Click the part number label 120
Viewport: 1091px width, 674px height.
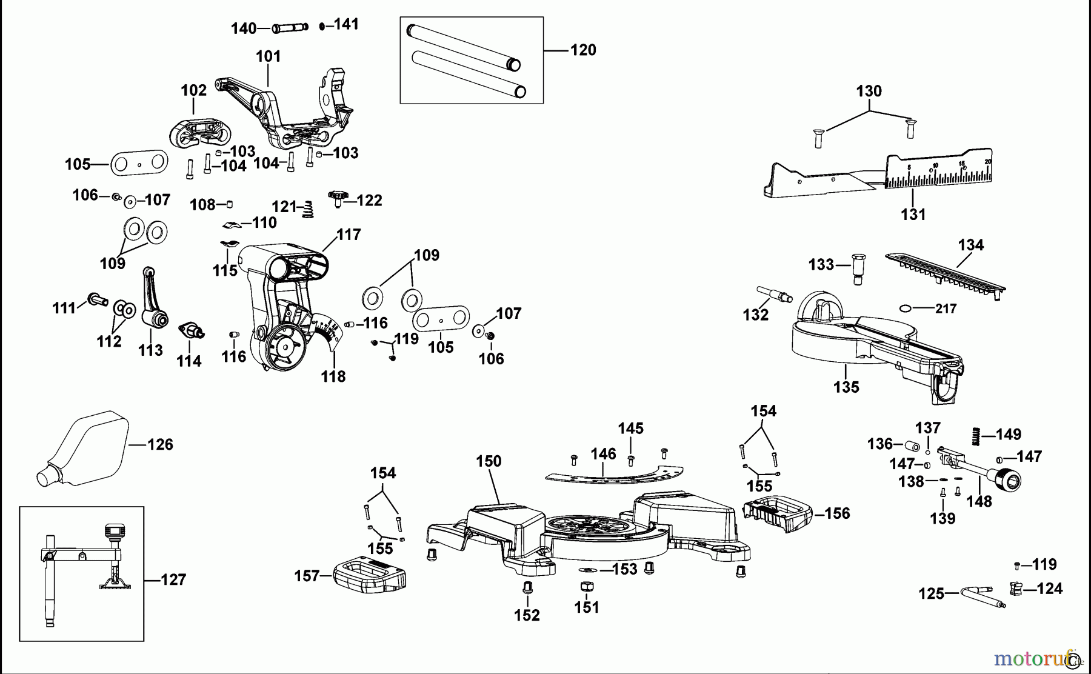pyautogui.click(x=582, y=50)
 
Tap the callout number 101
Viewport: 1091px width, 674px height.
pyautogui.click(x=268, y=57)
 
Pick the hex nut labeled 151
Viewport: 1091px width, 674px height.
pyautogui.click(x=586, y=587)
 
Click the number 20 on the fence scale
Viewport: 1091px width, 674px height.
pyautogui.click(x=988, y=162)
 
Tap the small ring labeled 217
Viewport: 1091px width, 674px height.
pyautogui.click(x=906, y=308)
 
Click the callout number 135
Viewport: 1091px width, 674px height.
pyautogui.click(x=846, y=387)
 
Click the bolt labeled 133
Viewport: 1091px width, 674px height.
pyautogui.click(x=858, y=269)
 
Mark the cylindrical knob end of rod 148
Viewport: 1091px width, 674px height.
pyautogui.click(x=1007, y=482)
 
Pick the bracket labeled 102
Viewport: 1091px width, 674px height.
pyautogui.click(x=197, y=132)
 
